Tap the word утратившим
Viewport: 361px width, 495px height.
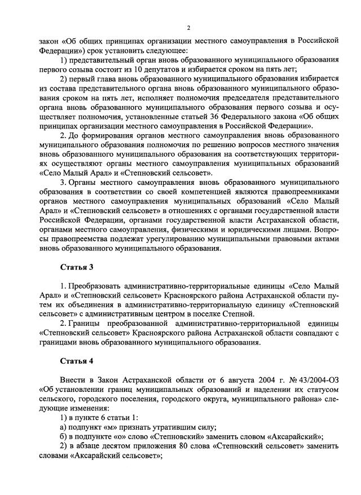(x=171, y=427)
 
